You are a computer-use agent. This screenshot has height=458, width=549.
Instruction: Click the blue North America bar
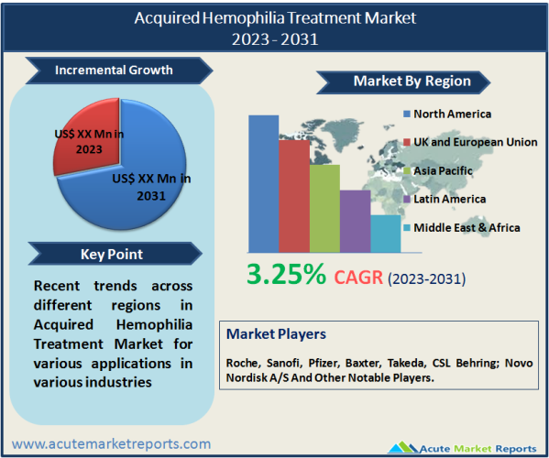click(x=264, y=184)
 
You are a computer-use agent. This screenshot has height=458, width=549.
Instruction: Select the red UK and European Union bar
click(x=294, y=196)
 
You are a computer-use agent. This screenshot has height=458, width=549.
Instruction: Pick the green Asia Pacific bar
click(x=324, y=209)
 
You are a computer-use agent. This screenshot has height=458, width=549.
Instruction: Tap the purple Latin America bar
click(x=355, y=221)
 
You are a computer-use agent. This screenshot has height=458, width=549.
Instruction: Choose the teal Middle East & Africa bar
click(x=386, y=234)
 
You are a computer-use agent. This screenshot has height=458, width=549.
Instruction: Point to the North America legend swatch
click(x=407, y=114)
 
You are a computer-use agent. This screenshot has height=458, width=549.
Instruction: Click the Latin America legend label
click(x=450, y=199)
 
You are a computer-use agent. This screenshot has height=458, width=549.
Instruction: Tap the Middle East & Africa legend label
click(x=467, y=228)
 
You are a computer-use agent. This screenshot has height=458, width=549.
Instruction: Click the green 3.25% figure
click(x=286, y=274)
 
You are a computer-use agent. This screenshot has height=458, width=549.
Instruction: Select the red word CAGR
click(x=358, y=278)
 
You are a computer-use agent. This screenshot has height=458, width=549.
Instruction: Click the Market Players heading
click(x=276, y=334)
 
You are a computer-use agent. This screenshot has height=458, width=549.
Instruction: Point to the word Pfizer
click(x=324, y=363)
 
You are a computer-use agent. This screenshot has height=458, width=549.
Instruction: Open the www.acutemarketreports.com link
click(x=111, y=444)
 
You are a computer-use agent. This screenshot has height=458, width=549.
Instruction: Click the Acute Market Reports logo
click(x=462, y=447)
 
